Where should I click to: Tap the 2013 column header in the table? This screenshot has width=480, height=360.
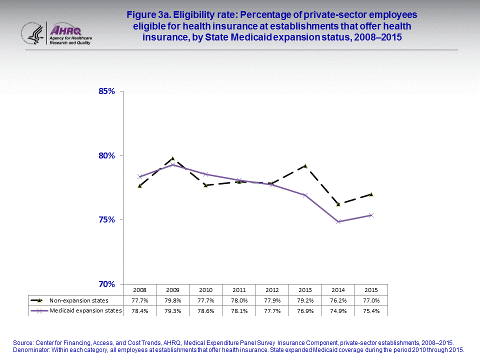pos(305,290)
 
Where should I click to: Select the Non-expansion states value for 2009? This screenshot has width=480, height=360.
pos(172,300)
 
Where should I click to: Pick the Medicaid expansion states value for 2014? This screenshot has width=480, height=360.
pos(338,311)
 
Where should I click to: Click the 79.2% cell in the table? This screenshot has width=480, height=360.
pos(305,300)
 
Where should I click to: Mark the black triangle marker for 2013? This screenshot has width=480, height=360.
pos(305,165)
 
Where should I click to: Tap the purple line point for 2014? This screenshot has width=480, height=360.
pos(338,221)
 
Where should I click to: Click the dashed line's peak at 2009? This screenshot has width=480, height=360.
pos(172,158)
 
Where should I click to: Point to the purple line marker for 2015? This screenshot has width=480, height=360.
pos(371,215)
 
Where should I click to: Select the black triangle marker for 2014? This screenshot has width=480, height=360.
pos(338,204)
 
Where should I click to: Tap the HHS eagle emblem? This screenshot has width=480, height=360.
pos(32,33)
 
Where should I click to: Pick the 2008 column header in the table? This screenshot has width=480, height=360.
pos(139,290)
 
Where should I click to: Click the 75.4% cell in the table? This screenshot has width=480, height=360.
pos(371,311)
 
